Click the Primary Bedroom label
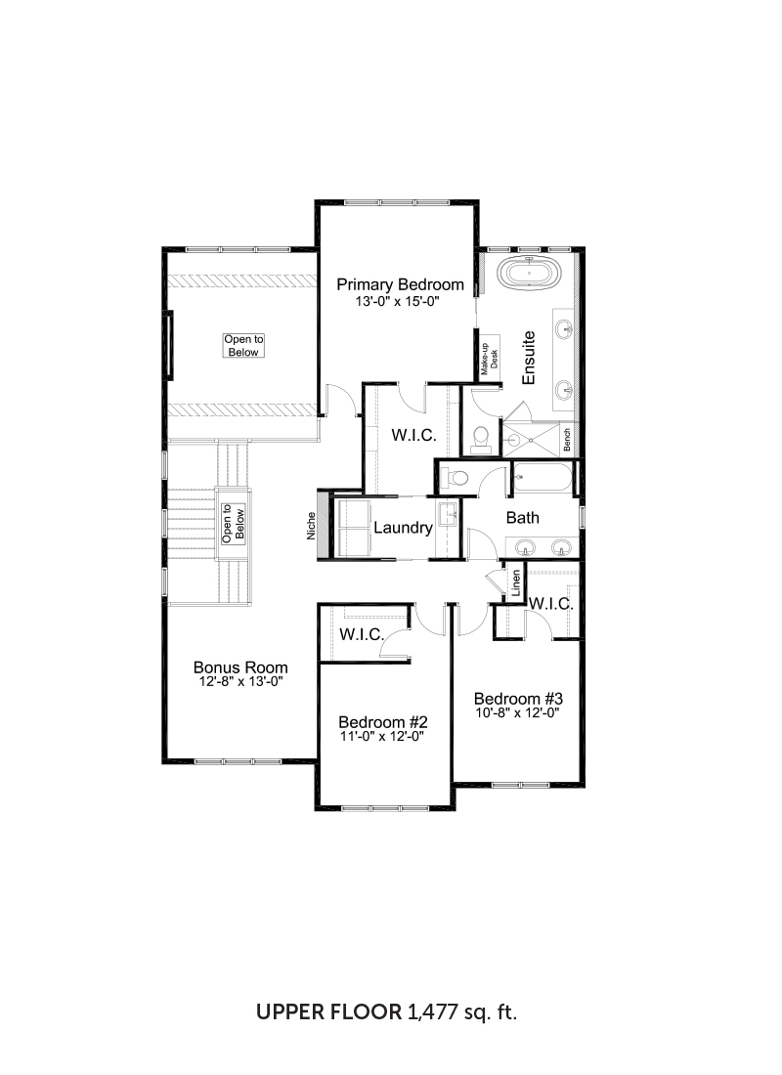[400, 284]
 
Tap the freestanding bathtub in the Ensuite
[530, 273]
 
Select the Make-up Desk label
[489, 359]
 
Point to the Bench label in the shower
[567, 440]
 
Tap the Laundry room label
[403, 527]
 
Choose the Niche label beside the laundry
[312, 526]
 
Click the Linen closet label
[516, 582]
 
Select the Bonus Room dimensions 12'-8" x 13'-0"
[240, 682]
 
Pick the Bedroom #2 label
[383, 722]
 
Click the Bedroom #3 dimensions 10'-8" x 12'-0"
[518, 713]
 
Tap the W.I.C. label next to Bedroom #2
[362, 635]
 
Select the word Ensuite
[528, 358]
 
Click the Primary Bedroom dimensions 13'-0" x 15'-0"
[397, 301]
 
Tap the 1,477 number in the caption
[432, 1011]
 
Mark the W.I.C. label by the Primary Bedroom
[413, 435]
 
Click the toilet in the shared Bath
[454, 477]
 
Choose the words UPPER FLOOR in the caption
[329, 1011]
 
